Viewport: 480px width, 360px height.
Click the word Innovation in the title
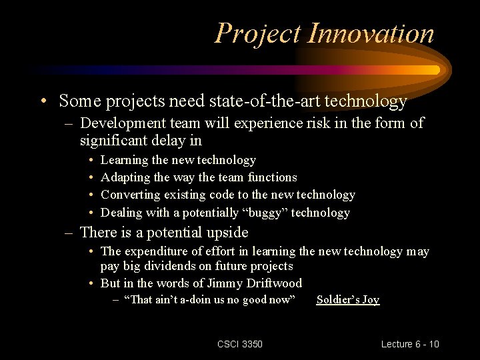371,33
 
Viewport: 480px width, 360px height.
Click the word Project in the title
258,35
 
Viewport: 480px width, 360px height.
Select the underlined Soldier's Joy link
348,299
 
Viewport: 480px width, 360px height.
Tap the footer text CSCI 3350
240,344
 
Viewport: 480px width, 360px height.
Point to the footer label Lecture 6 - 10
410,344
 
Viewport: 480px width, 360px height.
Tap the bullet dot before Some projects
44,101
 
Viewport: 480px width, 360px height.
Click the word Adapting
125,178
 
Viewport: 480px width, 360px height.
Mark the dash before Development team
69,125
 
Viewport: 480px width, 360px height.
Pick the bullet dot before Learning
91,160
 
